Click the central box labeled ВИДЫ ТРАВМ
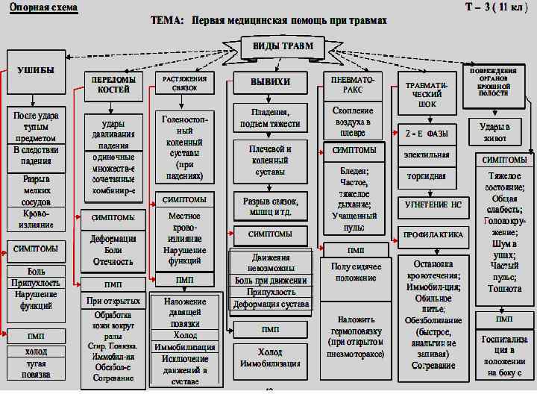click(282, 46)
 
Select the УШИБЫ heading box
click(35, 69)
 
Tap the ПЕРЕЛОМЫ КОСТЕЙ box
click(113, 84)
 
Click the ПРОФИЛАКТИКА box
click(433, 234)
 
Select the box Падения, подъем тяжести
click(270, 118)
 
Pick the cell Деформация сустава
click(271, 304)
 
